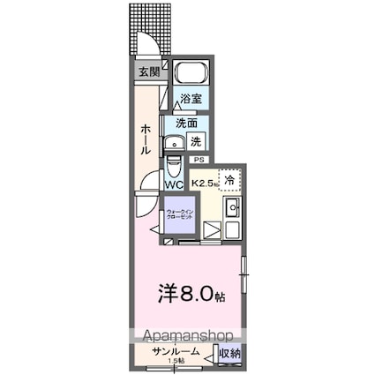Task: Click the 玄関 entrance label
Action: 147,71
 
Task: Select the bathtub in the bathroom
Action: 188,74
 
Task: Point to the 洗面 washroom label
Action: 186,124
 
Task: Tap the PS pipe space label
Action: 199,160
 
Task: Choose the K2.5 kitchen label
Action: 205,184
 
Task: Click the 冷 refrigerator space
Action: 229,180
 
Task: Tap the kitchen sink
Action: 233,210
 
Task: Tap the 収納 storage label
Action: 229,353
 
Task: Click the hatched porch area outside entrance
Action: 150,18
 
